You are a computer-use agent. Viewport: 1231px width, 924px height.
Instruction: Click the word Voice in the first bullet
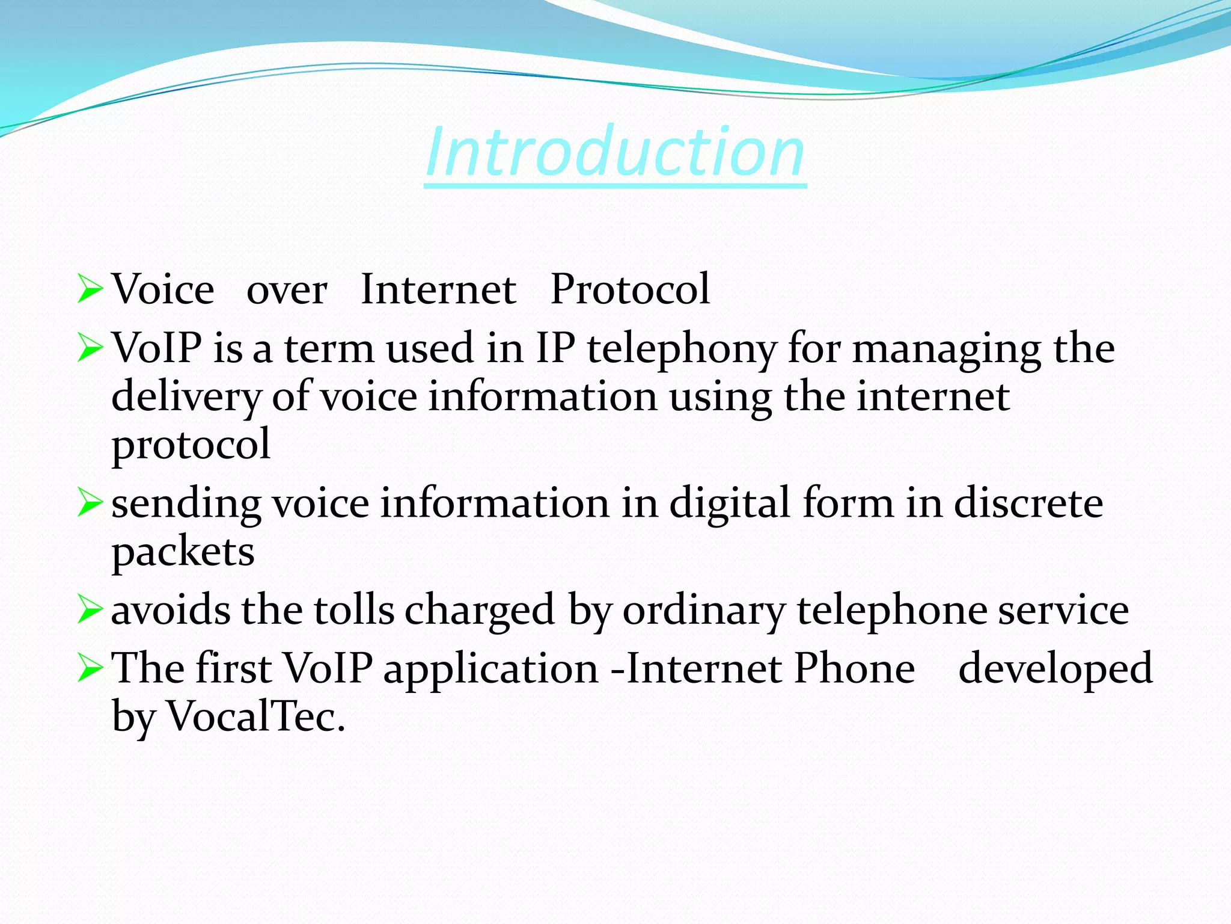tap(163, 289)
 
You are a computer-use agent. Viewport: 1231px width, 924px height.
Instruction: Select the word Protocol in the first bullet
tap(630, 289)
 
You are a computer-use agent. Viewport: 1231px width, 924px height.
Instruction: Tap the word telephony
tap(682, 350)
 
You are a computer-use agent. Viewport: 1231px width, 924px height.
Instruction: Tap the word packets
tap(183, 552)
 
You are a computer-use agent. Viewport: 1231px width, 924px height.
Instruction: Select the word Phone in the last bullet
tap(854, 668)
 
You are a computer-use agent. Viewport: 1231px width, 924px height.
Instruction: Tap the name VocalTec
tap(255, 717)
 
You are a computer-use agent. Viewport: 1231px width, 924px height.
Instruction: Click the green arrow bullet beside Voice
tap(90, 289)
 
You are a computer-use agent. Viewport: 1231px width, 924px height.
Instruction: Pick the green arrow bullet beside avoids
tap(90, 610)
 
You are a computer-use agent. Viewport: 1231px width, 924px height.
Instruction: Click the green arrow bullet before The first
tap(90, 668)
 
